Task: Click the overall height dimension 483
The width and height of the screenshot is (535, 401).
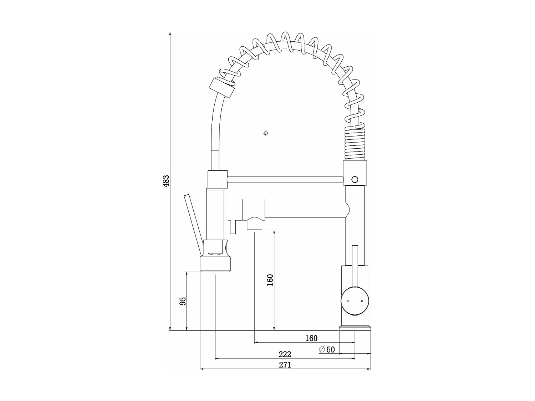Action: [x=165, y=181]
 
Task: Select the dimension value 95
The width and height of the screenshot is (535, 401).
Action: [x=182, y=301]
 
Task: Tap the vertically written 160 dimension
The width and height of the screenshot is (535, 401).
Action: [x=270, y=280]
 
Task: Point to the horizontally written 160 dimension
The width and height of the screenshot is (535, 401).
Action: [x=311, y=338]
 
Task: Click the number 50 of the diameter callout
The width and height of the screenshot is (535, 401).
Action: [x=331, y=349]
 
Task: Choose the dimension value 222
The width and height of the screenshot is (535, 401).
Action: [x=285, y=354]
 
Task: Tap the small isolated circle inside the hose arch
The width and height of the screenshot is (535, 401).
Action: [x=265, y=134]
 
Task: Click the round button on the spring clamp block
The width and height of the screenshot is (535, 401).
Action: [x=355, y=179]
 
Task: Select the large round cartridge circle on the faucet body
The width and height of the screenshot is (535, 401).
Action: [x=355, y=301]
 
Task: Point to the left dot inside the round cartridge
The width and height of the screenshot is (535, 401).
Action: [x=347, y=301]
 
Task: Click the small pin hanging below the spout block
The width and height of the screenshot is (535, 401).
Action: [x=233, y=227]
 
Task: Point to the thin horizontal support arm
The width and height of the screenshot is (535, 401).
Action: [x=285, y=179]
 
